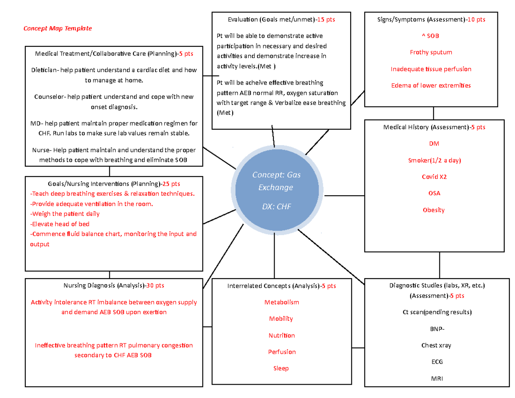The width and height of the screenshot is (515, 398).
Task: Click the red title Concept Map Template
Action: [x=57, y=29]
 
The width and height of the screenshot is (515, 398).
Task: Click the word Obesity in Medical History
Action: [x=433, y=210]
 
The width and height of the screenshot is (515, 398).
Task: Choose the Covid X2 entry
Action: [x=433, y=177]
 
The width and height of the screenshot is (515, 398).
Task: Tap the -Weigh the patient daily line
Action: [x=64, y=214]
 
